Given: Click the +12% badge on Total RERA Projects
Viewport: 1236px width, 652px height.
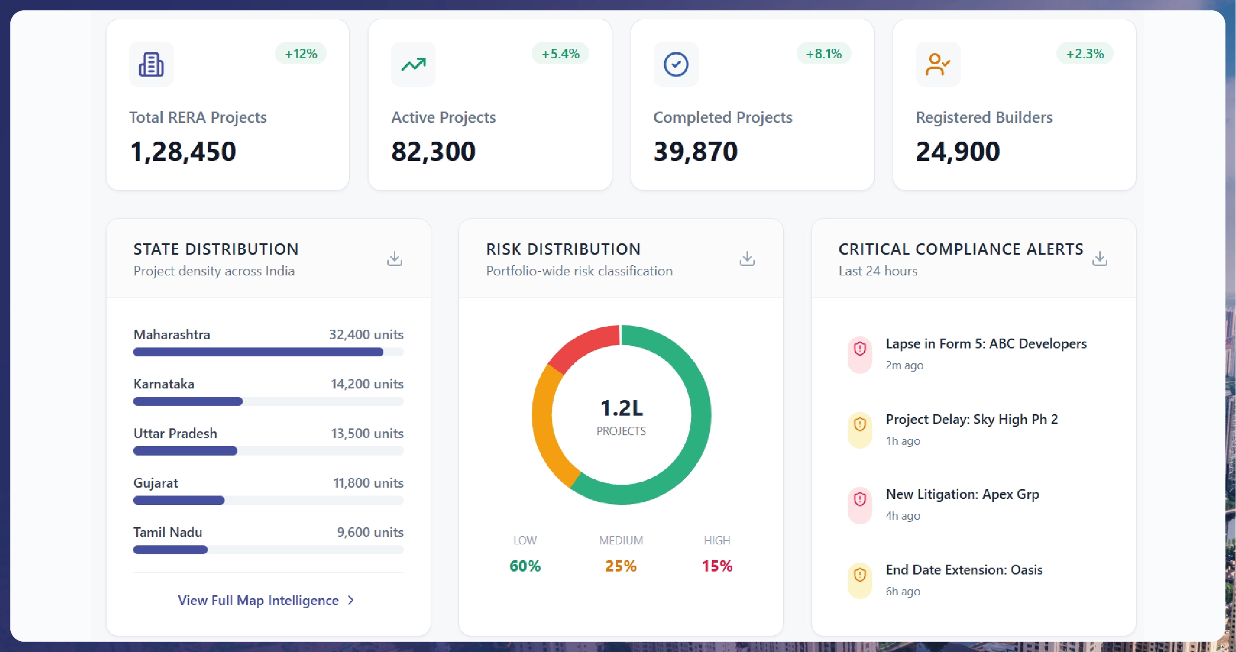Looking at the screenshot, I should click(300, 53).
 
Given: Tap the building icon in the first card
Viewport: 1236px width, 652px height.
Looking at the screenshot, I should click(151, 65).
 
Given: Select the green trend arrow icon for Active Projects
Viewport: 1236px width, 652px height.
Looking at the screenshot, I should click(413, 65).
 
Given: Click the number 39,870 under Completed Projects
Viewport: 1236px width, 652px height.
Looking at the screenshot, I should click(695, 151).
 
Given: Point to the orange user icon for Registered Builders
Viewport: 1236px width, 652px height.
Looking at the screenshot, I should click(937, 65).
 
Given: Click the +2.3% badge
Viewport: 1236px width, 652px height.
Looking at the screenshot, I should click(1085, 53).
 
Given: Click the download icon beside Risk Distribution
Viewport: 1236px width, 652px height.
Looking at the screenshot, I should click(747, 258).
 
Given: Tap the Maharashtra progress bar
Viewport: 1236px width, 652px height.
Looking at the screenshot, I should click(258, 352).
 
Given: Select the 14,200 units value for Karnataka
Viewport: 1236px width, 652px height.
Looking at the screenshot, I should click(367, 384).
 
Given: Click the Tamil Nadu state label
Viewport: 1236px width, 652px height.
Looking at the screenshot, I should click(168, 532).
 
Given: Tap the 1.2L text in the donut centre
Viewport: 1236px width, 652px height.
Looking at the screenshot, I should click(622, 408).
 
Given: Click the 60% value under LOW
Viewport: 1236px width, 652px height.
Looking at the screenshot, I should click(525, 566).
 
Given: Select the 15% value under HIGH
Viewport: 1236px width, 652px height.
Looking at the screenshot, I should click(717, 566).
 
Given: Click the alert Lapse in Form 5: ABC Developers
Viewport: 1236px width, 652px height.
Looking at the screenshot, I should click(986, 344).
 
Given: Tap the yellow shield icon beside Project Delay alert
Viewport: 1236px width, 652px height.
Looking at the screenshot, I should click(860, 424).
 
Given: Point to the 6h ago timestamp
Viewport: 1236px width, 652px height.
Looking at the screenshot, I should click(902, 591).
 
